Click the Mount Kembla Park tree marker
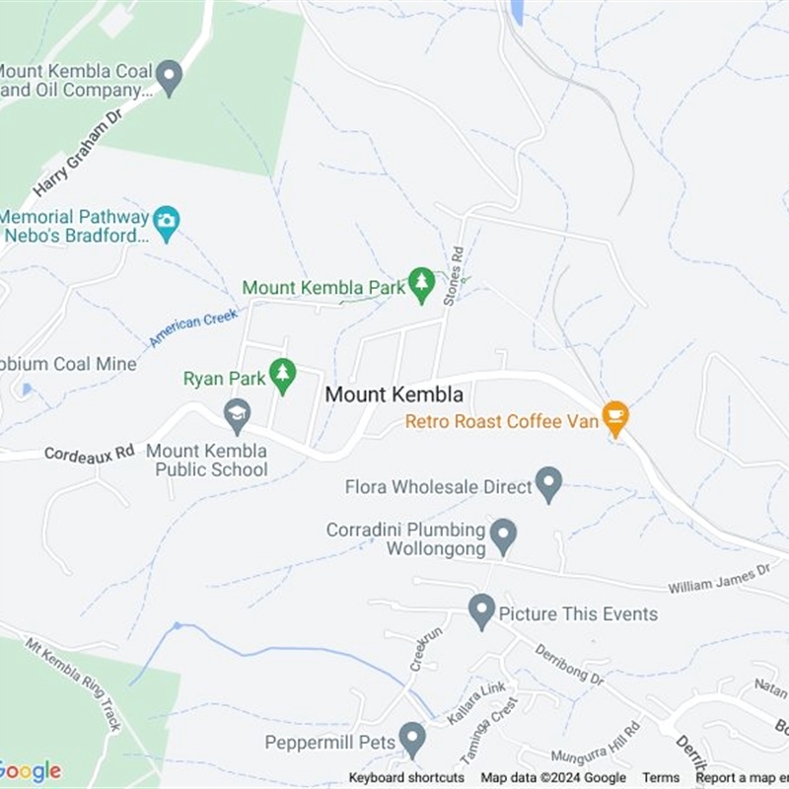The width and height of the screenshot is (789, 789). (421, 283)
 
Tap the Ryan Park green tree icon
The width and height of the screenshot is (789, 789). (283, 375)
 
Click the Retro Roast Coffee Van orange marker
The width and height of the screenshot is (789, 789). (615, 417)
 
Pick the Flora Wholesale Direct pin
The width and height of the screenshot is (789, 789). (548, 483)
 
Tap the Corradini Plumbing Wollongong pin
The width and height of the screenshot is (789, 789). (504, 535)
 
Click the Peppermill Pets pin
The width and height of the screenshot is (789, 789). (412, 738)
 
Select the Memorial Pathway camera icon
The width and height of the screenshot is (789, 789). (166, 222)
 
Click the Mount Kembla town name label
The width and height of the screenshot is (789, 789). (394, 394)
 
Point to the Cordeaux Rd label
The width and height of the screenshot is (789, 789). (89, 453)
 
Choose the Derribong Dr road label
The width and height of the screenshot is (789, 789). (569, 664)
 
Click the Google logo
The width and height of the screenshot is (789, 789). (30, 770)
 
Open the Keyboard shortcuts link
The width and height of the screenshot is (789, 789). (406, 778)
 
